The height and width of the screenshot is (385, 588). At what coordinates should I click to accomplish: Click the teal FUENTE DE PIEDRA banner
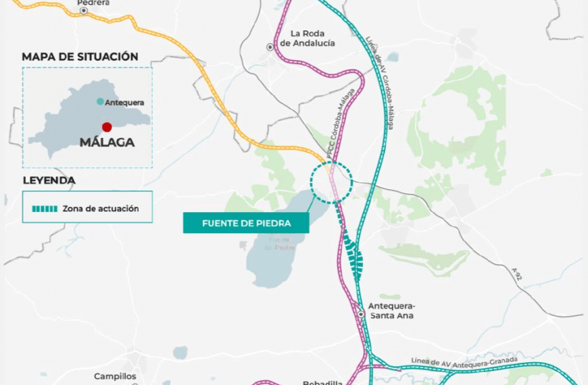point(246,223)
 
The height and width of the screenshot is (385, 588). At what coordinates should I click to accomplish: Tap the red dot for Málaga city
point(107,127)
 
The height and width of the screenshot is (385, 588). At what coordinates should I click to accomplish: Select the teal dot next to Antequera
point(100,102)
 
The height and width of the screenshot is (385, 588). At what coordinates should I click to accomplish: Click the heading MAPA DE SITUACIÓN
point(80,57)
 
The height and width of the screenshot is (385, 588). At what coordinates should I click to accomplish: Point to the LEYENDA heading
point(49,180)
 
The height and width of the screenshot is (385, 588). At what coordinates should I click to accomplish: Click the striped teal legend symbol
point(43,209)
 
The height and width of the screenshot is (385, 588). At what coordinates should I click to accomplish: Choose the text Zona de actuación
point(101,209)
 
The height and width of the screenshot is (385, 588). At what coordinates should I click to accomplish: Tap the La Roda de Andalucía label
point(308,38)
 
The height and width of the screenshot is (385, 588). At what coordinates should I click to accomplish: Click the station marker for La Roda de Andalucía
point(270,47)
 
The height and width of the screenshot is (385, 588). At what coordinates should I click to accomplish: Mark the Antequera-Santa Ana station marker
point(362,314)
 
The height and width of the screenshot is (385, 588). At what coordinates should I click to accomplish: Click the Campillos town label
point(115,376)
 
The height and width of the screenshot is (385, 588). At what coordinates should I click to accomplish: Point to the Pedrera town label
point(93,3)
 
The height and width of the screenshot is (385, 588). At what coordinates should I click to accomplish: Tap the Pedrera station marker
point(84,11)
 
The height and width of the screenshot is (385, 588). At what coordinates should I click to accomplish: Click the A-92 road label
point(517,274)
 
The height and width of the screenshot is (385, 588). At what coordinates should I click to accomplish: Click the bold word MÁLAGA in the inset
point(107,143)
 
